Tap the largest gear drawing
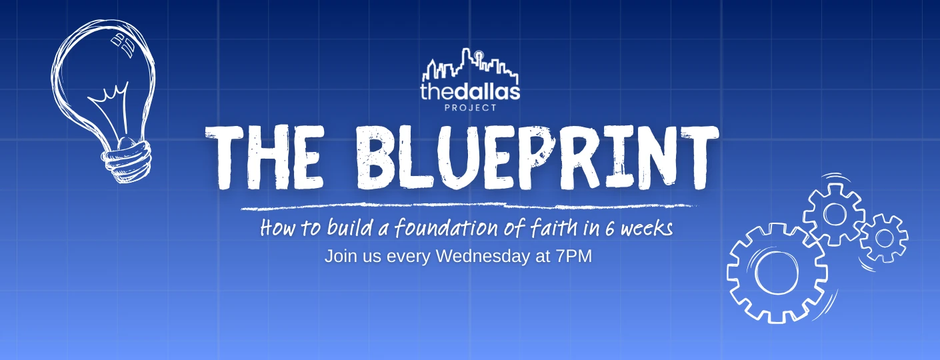pyautogui.click(x=777, y=273)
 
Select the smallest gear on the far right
pyautogui.click(x=884, y=237)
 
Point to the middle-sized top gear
pyautogui.click(x=834, y=214)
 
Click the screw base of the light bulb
pyautogui.click(x=126, y=159)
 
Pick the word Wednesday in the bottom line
pyautogui.click(x=483, y=256)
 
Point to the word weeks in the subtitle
pyautogui.click(x=647, y=229)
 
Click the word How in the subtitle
pyautogui.click(x=274, y=229)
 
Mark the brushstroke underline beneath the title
pyautogui.click(x=467, y=206)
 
